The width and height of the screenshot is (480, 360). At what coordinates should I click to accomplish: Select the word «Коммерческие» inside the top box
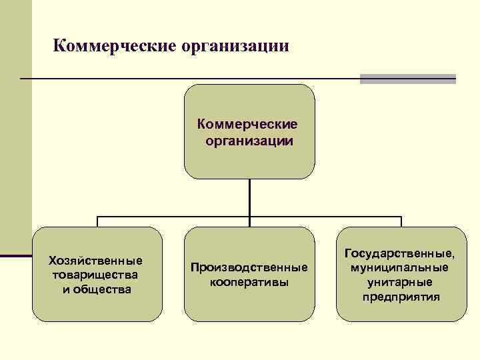click(x=248, y=125)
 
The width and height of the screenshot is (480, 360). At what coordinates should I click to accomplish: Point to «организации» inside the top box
click(x=249, y=141)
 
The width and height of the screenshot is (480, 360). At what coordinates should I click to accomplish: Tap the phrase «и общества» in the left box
click(x=97, y=289)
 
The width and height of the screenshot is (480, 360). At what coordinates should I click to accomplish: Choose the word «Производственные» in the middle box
click(x=249, y=267)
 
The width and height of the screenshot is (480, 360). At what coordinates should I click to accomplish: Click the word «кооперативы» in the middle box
click(x=249, y=282)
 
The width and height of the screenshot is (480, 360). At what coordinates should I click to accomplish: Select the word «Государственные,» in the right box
click(x=401, y=253)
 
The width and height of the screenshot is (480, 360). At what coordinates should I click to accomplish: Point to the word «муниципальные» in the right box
click(x=401, y=268)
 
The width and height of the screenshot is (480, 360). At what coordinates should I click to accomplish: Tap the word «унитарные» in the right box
click(x=401, y=283)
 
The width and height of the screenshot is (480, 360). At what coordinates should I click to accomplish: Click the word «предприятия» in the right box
click(x=401, y=297)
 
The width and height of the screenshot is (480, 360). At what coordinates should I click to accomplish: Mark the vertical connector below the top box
click(x=249, y=197)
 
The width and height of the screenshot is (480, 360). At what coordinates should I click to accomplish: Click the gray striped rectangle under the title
click(x=407, y=79)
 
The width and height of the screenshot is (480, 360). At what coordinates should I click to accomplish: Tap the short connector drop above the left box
click(x=97, y=222)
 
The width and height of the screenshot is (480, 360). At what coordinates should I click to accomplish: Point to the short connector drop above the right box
click(x=401, y=222)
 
